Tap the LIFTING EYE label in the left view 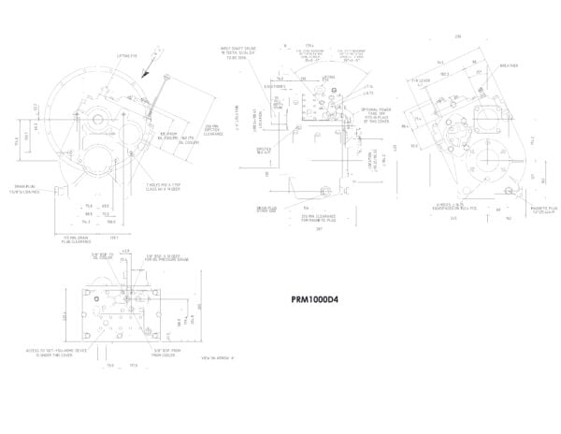click(x=127, y=55)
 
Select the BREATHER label click(x=509, y=65)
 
